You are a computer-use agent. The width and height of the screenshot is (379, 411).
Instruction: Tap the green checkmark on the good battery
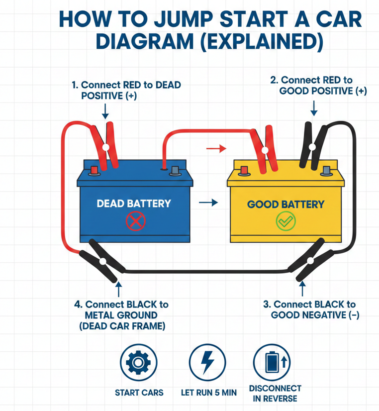click(x=285, y=222)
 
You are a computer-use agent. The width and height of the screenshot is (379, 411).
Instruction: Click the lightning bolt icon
click(x=207, y=363)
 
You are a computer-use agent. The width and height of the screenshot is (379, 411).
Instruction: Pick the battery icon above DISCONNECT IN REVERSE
click(x=272, y=362)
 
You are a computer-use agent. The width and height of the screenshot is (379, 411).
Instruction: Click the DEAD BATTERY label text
click(x=133, y=203)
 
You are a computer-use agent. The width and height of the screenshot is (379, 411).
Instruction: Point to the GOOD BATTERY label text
click(x=285, y=204)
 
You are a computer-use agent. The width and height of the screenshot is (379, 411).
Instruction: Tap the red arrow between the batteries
click(x=215, y=148)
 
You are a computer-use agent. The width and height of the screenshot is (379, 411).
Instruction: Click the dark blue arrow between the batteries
click(x=208, y=203)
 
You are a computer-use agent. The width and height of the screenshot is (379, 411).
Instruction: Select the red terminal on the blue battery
click(x=94, y=171)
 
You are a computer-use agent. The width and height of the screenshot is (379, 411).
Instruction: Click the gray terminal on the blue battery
click(x=175, y=171)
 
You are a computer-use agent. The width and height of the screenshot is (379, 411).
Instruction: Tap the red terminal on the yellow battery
click(x=244, y=171)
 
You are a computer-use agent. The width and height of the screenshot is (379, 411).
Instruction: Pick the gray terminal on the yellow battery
click(x=326, y=171)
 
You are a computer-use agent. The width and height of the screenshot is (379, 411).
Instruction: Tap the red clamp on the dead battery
click(x=106, y=144)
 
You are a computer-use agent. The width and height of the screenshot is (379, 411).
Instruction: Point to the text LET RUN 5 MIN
click(x=208, y=393)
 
